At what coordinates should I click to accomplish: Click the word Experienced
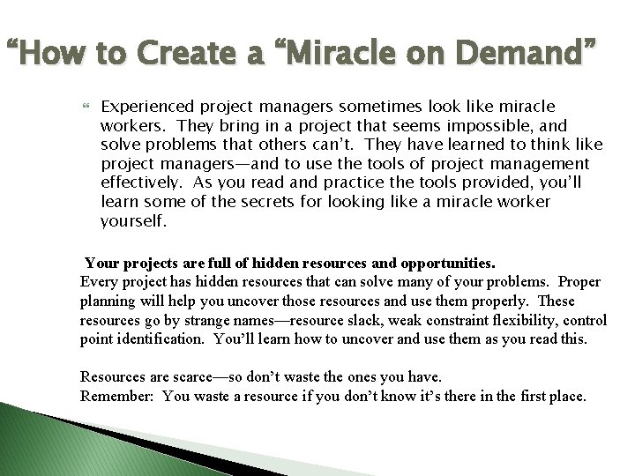tap(146, 106)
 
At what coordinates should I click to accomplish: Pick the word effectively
tap(140, 183)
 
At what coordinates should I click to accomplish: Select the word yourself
tap(132, 222)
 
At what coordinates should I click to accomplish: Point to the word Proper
tap(579, 281)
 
